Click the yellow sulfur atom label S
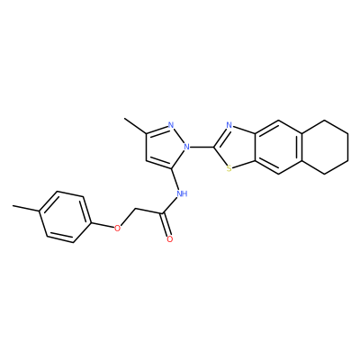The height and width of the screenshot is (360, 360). (229, 169)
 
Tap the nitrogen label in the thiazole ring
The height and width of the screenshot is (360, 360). (229, 125)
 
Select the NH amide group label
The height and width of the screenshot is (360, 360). (182, 193)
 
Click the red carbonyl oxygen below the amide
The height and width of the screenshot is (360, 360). (170, 239)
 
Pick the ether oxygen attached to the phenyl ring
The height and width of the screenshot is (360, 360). (117, 228)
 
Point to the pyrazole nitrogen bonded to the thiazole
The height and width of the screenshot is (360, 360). (187, 147)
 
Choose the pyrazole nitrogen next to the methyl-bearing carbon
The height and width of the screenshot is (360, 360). (171, 125)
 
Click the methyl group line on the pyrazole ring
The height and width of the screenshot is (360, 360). (135, 125)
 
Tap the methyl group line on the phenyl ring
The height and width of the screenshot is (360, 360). (26, 209)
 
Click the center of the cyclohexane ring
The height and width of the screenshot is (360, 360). (325, 147)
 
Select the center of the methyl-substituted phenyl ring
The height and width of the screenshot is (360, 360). (65, 217)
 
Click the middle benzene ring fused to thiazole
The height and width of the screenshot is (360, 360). (278, 147)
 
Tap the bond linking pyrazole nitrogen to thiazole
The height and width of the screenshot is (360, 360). (202, 147)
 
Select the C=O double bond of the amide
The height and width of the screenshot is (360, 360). (166, 224)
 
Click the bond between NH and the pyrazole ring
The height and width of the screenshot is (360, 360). (176, 179)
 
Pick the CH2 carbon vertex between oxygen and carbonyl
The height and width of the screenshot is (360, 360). (135, 209)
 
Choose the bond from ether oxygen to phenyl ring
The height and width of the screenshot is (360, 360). (103, 225)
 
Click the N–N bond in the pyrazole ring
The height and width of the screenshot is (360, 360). (179, 136)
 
